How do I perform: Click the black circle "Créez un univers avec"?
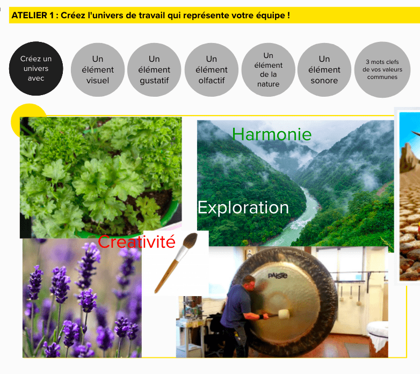click(36, 69)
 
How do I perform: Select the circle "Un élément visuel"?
click(98, 70)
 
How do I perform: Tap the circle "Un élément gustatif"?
click(154, 70)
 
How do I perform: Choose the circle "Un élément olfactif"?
click(211, 70)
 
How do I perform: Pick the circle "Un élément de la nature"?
click(268, 70)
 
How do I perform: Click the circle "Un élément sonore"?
click(324, 70)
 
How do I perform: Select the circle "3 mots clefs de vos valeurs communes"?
click(382, 70)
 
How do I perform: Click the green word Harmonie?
click(272, 134)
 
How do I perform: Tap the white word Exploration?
click(243, 207)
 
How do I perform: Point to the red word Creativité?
click(136, 242)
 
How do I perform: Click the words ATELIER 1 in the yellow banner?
click(33, 15)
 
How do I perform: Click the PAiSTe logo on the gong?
click(278, 276)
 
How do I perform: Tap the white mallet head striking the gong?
click(284, 314)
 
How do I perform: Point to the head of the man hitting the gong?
click(249, 283)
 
